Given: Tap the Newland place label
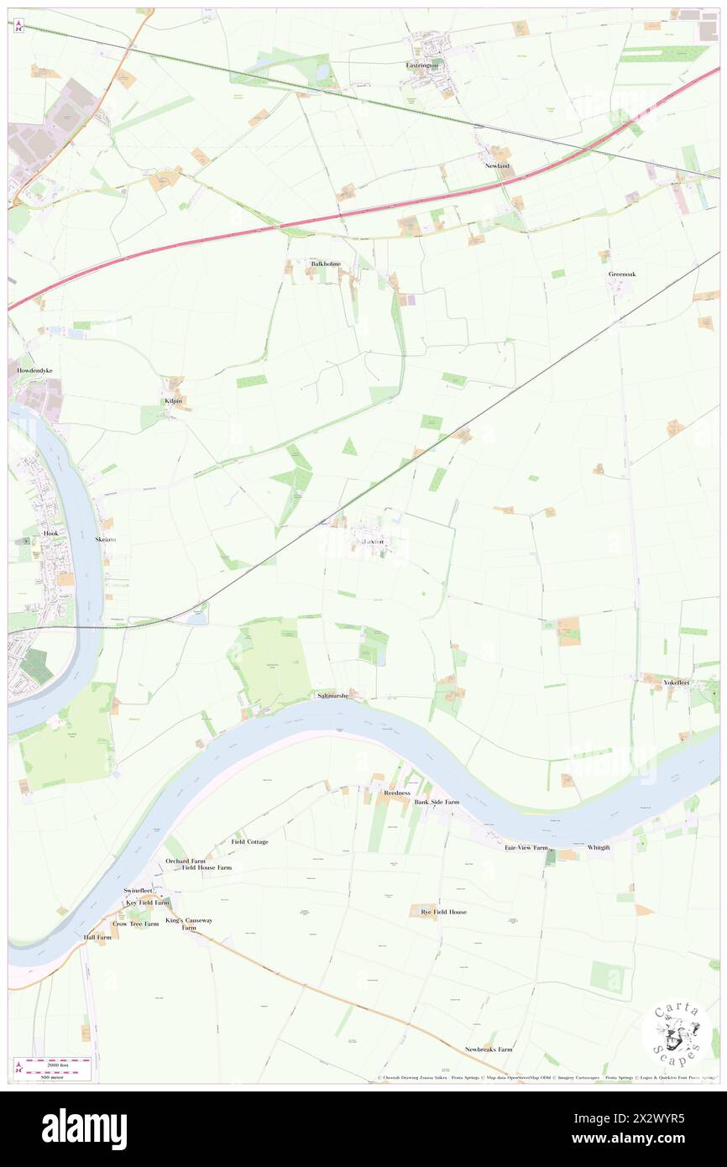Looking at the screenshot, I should click(497, 166).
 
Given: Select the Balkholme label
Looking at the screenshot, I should click(326, 264).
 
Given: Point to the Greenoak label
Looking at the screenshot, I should click(623, 274).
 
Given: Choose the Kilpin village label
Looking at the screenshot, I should click(174, 401).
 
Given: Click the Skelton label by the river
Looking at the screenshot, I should click(106, 539).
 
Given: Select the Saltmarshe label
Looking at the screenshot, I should click(332, 696).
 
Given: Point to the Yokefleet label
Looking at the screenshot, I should click(677, 683).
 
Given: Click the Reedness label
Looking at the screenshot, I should click(396, 793).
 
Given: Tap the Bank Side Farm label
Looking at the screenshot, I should click(437, 802).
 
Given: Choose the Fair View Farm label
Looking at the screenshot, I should click(526, 848).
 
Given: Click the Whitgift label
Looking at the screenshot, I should click(600, 848).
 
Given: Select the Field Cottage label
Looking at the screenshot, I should click(250, 841).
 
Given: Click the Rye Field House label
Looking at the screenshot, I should click(443, 912).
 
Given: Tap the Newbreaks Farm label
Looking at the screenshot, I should click(489, 1049).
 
